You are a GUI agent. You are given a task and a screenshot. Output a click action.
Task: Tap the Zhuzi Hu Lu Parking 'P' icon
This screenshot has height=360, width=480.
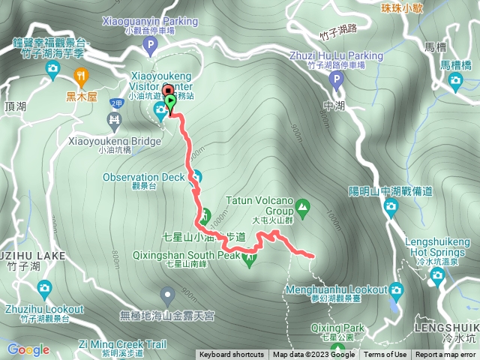(x=336, y=79)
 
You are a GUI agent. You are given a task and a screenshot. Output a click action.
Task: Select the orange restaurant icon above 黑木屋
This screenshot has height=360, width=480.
(x=82, y=75)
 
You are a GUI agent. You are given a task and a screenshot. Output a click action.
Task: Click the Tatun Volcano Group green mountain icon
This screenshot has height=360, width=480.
(x=302, y=204)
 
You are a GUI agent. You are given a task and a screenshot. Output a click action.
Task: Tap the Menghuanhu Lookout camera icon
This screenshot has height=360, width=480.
(x=396, y=289)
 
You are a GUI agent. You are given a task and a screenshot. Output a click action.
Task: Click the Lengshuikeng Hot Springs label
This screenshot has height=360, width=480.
(x=437, y=247)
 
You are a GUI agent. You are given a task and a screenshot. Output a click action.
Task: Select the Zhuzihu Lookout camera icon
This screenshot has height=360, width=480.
(x=44, y=287)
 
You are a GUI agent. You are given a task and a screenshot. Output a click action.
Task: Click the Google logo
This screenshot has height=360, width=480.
(x=28, y=349)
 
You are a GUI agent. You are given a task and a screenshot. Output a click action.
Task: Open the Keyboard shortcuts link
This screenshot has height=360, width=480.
(x=231, y=355)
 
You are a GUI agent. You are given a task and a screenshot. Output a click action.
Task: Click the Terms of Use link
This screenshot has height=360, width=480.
(x=385, y=355)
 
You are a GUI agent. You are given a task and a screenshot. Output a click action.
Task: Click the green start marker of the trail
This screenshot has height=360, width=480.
(x=170, y=102)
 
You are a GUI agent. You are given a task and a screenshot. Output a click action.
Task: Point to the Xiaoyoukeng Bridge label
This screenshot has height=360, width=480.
(x=114, y=141)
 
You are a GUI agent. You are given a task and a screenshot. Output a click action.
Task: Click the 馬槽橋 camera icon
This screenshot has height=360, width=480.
(x=454, y=80)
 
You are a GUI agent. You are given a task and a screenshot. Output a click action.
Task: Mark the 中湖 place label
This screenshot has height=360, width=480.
(x=335, y=105)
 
